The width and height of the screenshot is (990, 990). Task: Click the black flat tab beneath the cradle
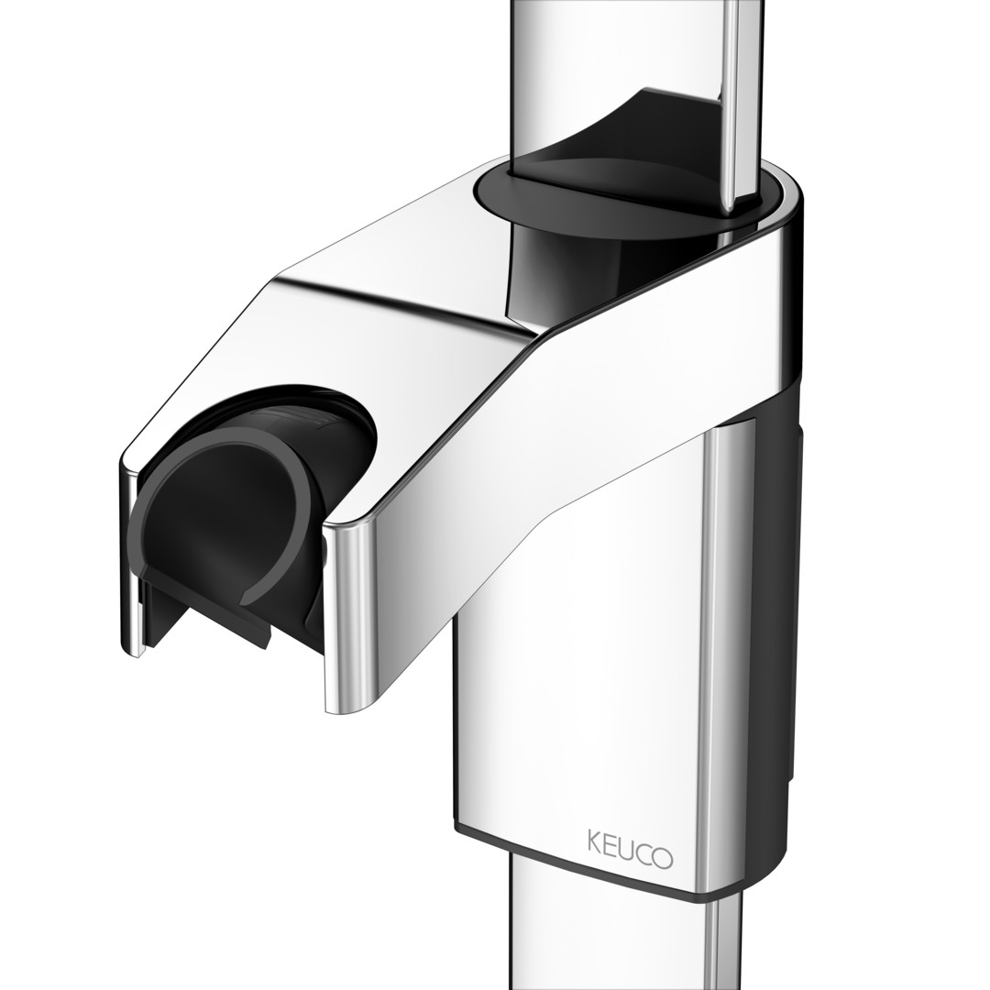(x=208, y=625)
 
